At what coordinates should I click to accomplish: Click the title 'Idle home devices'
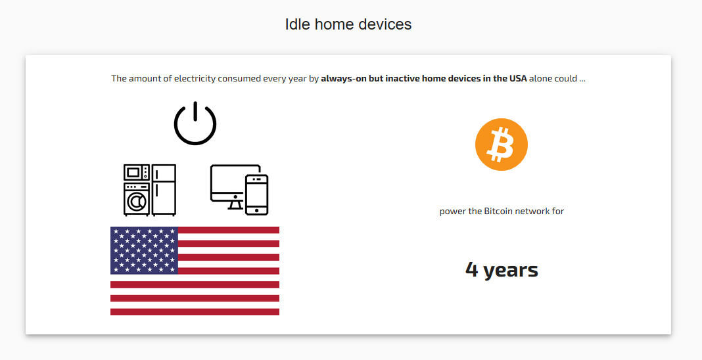tap(348, 24)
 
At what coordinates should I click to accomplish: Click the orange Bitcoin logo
tap(502, 145)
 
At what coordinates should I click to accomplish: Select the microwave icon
tap(137, 172)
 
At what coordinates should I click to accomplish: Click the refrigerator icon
tap(164, 190)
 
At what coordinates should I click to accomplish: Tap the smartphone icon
tap(257, 194)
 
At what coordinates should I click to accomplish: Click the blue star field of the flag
tap(144, 250)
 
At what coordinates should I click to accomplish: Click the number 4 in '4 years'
tap(472, 269)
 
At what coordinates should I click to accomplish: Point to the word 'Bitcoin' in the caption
tap(498, 211)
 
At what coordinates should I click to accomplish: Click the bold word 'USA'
tap(517, 79)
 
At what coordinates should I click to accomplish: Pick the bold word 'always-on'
tap(343, 79)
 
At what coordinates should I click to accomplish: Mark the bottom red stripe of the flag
tap(195, 312)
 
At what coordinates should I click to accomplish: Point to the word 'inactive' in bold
tap(403, 79)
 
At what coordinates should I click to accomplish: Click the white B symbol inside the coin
tap(501, 145)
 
